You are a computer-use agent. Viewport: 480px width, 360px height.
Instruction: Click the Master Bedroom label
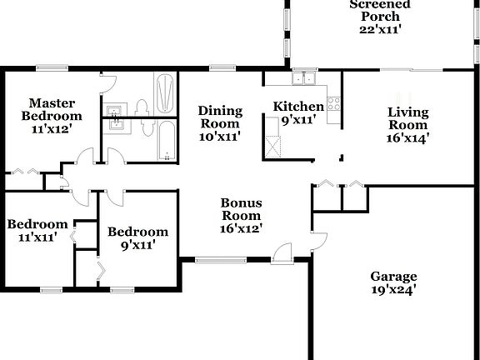(x=52, y=116)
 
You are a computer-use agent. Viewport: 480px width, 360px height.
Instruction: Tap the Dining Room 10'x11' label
(x=220, y=123)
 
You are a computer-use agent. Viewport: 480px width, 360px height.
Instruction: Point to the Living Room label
(x=407, y=125)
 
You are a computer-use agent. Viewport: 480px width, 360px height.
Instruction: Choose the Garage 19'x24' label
(x=393, y=283)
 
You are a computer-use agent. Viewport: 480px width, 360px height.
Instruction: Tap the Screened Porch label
(x=380, y=16)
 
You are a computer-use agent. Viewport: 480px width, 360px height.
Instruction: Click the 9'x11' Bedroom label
(x=137, y=238)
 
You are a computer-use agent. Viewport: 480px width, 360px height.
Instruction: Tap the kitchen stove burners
(x=334, y=104)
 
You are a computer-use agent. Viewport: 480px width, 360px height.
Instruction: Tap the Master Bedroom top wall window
(x=52, y=68)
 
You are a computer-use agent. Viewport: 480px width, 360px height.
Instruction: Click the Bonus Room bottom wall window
(x=220, y=261)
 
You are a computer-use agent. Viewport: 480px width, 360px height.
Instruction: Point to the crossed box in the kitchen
(x=272, y=145)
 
